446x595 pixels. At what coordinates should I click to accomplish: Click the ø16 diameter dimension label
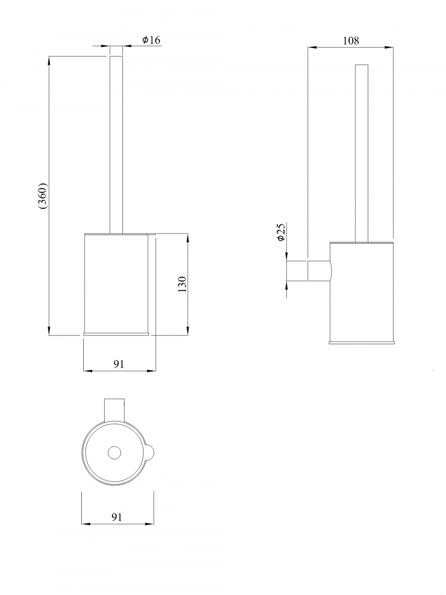tap(151, 40)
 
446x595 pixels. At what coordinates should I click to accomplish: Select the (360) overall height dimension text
tap(43, 196)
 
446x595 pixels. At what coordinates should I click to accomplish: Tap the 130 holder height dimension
tap(182, 284)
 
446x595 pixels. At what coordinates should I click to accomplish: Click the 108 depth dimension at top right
tap(351, 41)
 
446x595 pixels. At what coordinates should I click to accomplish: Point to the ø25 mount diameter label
tap(281, 232)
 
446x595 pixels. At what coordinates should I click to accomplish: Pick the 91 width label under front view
tap(118, 364)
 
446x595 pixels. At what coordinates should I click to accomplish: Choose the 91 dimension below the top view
tap(117, 517)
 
